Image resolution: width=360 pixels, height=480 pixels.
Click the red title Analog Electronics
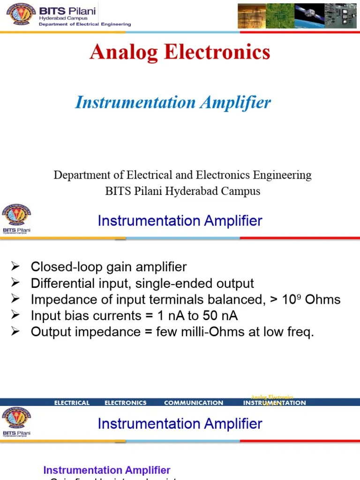180,52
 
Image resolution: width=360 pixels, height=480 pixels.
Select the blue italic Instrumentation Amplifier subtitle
173,103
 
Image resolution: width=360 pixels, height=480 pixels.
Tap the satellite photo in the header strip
310,16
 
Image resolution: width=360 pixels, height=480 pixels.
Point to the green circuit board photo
280,16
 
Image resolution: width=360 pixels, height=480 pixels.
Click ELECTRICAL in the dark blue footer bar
72,403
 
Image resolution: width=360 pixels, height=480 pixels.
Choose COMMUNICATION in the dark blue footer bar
194,403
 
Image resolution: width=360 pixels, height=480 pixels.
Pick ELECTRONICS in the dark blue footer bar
125,403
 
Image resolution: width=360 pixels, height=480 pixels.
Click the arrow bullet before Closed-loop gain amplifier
15,267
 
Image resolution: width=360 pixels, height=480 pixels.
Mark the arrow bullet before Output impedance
15,332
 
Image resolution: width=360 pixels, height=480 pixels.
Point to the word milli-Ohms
208,332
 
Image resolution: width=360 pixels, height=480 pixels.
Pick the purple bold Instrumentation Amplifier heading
107,470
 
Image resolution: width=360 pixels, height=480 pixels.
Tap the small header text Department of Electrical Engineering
85,24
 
